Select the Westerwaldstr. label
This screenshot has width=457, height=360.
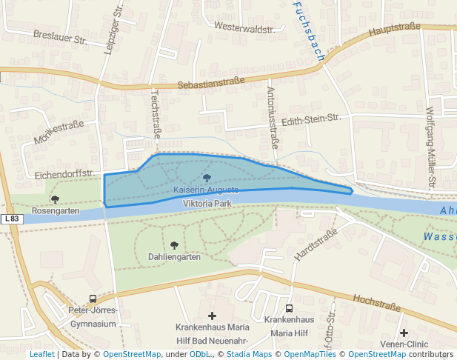(244, 27)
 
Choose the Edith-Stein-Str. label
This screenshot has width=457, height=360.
(311, 119)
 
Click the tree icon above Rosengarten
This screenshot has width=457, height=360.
(55, 199)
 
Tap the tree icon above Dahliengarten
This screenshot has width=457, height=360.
(174, 245)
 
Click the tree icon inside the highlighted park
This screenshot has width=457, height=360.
(207, 178)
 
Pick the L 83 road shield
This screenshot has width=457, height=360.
(11, 219)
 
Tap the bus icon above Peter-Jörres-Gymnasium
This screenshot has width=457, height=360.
(93, 299)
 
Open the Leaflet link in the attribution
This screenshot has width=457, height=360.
(41, 355)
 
